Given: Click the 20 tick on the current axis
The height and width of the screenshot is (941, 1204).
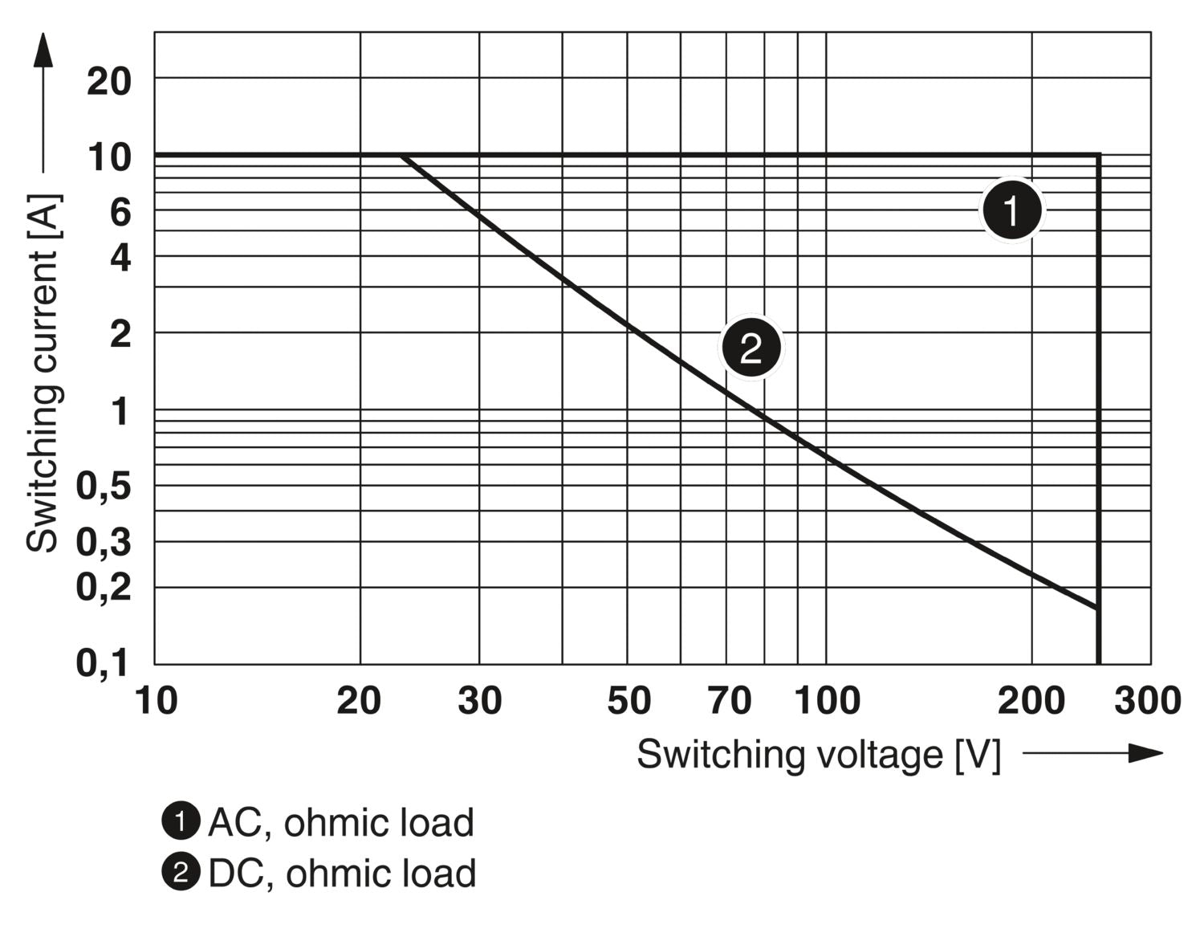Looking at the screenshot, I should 109,81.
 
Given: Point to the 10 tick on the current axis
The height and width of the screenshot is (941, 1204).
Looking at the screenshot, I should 109,157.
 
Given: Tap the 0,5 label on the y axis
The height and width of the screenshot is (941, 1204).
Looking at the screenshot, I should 104,486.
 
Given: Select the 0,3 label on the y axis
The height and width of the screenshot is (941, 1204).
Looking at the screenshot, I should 104,544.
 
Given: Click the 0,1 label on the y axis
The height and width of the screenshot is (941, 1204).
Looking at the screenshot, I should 104,663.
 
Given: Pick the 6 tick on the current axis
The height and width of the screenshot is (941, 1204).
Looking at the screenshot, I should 120,213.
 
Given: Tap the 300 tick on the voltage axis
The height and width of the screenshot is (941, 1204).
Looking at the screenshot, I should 1147,701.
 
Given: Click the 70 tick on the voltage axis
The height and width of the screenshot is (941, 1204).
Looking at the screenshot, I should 729,701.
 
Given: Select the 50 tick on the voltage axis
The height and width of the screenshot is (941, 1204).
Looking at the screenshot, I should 628,701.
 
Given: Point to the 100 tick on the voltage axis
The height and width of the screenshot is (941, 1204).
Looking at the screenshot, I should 827,701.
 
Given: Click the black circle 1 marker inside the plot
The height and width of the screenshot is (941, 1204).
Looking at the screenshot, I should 1012,210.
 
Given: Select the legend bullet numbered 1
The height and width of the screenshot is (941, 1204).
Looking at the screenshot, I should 181,821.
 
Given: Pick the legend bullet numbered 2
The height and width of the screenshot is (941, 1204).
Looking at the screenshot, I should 181,873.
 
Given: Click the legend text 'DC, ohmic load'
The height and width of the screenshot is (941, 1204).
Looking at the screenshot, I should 342,874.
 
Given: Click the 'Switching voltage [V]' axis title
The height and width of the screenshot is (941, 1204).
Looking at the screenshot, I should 819,755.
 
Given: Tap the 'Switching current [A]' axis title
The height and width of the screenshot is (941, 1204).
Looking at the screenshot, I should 43,373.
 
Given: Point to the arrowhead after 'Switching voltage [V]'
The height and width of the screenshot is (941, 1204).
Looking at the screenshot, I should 1146,753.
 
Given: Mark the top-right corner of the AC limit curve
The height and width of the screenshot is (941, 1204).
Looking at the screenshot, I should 1098,154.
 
